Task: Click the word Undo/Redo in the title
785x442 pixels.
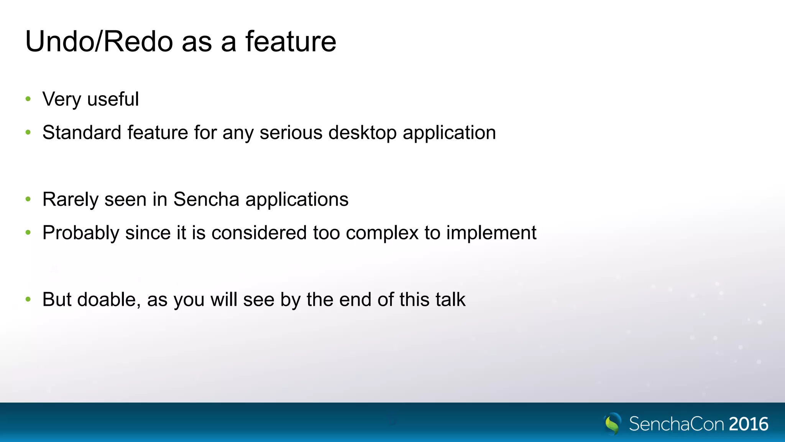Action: click(99, 41)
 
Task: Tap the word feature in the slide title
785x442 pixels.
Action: click(291, 41)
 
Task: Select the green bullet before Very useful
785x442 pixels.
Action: click(28, 99)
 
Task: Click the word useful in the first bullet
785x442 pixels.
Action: click(113, 99)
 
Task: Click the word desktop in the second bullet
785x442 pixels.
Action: click(362, 133)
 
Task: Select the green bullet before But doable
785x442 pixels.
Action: click(28, 299)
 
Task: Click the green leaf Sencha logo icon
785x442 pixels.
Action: click(613, 424)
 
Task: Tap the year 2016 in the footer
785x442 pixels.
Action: click(749, 424)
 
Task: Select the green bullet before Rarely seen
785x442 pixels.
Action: click(28, 199)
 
